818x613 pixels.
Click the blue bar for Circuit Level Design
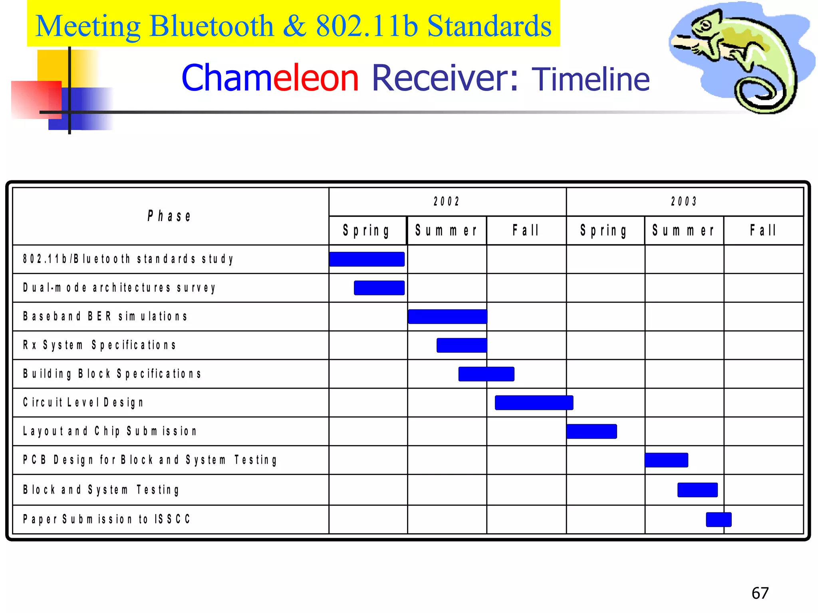coord(534,403)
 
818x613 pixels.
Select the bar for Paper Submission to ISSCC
coord(719,520)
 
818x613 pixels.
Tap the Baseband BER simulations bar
coord(447,316)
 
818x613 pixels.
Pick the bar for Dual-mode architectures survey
coord(379,288)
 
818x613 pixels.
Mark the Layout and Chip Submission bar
coord(592,431)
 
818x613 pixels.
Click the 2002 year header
coord(447,202)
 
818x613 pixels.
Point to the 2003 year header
coord(684,202)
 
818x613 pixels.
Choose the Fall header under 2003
coord(763,230)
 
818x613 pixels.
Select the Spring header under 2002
coord(367,231)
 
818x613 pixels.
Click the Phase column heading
coord(170,216)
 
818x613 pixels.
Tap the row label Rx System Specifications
coord(99,345)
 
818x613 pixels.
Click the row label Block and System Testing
coord(101,490)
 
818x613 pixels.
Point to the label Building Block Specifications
coord(112,374)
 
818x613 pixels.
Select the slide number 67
coord(760,593)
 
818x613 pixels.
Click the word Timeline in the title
coord(590,79)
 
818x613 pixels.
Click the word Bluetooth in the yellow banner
coord(211,26)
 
